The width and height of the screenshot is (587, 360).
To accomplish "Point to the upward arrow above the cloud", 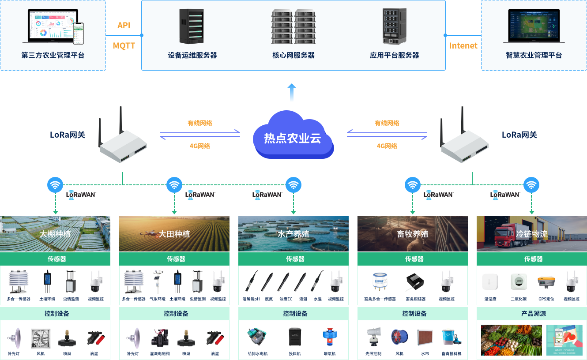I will pos(291,92).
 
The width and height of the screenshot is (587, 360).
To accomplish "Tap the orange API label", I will pos(124,26).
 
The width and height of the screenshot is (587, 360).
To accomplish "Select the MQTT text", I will pos(124,45).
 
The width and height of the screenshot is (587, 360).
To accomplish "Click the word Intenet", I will pos(463,45).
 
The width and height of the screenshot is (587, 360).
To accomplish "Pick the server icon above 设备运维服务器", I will pos(192,26).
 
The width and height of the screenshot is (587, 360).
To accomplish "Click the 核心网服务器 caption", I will pos(293,56).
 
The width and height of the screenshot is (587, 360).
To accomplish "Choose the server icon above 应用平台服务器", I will pos(394,26).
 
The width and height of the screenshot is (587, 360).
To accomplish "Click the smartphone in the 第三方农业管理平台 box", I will pos(78,34).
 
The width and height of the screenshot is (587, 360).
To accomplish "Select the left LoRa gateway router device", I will pos(123,141).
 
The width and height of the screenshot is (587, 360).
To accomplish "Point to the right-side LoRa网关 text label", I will pos(519,135).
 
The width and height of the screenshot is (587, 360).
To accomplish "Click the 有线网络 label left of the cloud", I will pos(199,123).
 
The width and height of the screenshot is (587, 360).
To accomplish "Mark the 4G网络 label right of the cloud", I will pos(387,146).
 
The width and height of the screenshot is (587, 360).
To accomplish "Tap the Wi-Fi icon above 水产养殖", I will pos(293,185).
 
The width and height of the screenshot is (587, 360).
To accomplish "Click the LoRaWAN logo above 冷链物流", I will pos(505,195).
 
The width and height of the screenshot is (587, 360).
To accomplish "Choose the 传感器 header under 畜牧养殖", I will pos(414,259).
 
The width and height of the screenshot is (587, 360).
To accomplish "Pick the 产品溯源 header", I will pos(533,314).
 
